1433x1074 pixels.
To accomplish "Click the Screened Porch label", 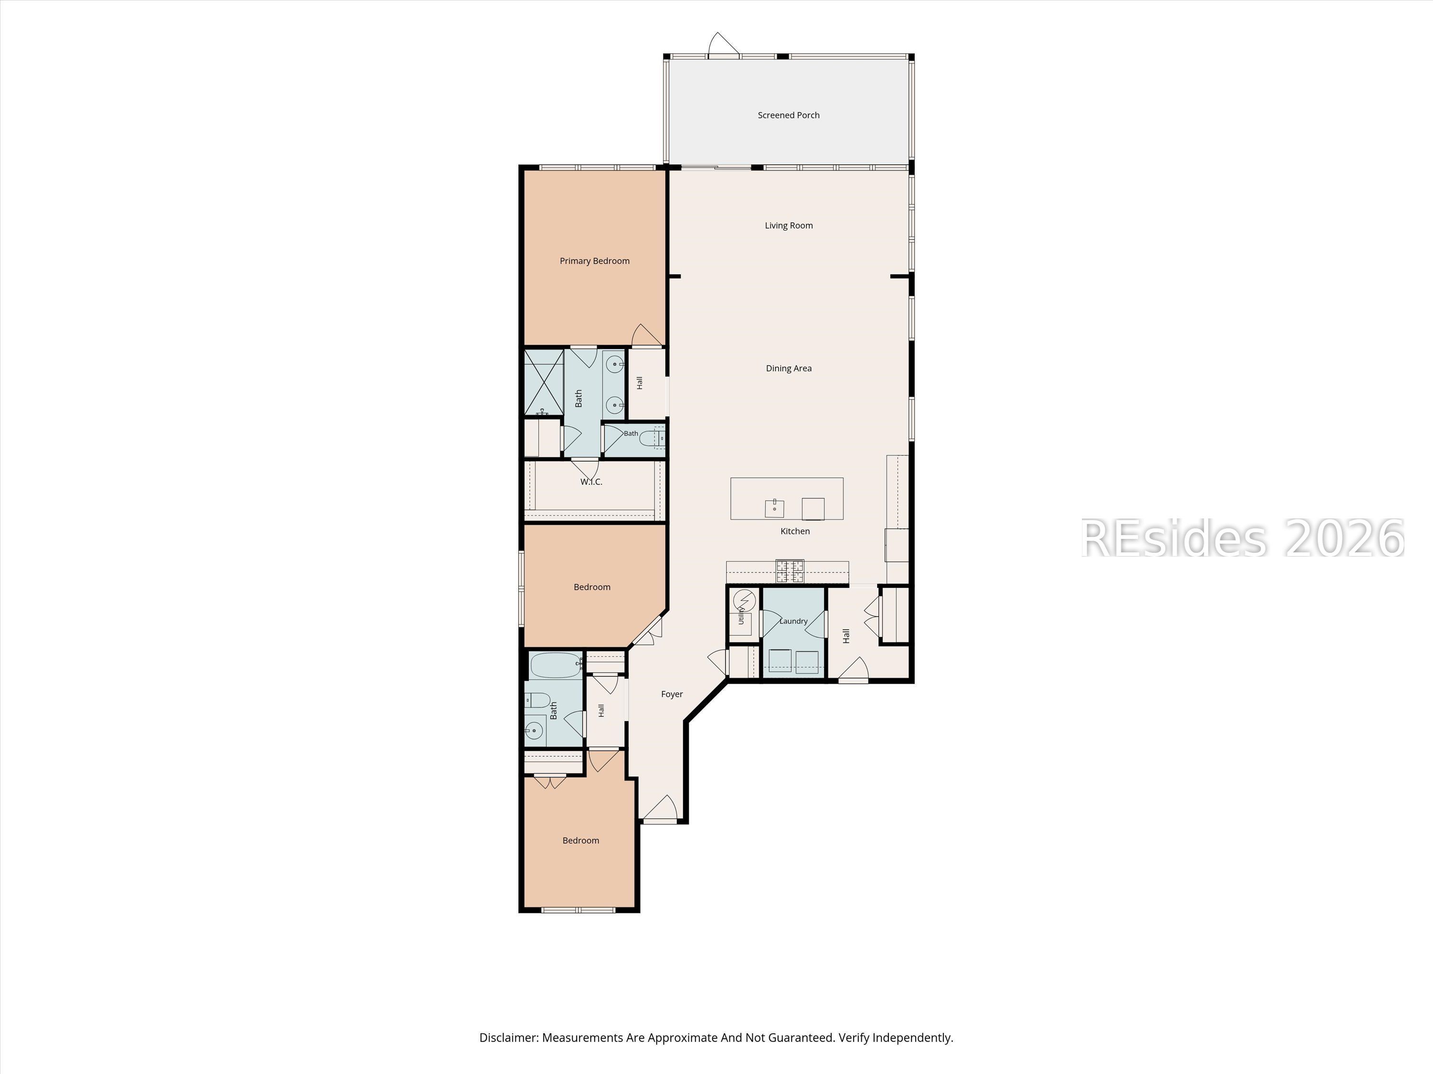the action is pyautogui.click(x=789, y=115).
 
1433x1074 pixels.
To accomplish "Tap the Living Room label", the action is pyautogui.click(x=789, y=226).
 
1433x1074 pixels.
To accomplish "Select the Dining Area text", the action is pyautogui.click(x=789, y=369).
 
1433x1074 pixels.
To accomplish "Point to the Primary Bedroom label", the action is pyautogui.click(x=595, y=261).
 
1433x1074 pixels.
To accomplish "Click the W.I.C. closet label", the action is pyautogui.click(x=591, y=482).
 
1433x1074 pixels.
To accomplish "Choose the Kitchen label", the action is pyautogui.click(x=795, y=531).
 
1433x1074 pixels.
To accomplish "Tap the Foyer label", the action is pyautogui.click(x=672, y=694).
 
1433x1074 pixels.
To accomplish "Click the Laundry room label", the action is pyautogui.click(x=793, y=621).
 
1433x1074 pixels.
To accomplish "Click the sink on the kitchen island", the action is pyautogui.click(x=774, y=508).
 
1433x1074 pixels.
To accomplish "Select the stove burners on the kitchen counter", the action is pyautogui.click(x=790, y=571).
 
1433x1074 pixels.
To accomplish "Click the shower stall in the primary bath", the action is pyautogui.click(x=544, y=383).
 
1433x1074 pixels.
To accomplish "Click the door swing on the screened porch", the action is pyautogui.click(x=724, y=44).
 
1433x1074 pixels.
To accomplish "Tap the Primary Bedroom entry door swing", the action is pyautogui.click(x=647, y=335).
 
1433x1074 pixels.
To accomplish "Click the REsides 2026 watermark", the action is pyautogui.click(x=1242, y=538).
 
